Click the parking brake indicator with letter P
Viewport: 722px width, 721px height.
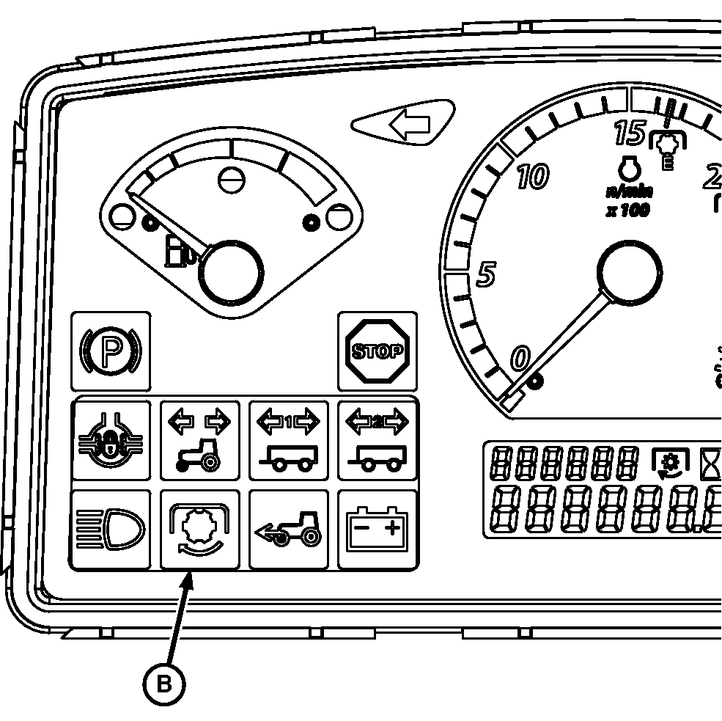point(111,351)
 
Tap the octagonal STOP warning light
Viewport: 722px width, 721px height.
point(377,351)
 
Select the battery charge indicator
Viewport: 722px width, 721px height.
point(377,529)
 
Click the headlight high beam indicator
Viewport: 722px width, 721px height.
point(111,529)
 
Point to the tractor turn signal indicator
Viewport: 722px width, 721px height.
point(199,439)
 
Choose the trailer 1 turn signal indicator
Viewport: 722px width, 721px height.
point(289,439)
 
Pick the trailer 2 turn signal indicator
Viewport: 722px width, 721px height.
point(377,439)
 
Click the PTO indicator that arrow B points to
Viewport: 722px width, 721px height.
point(199,529)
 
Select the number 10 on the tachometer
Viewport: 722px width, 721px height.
point(531,177)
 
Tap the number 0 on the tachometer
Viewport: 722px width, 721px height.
point(519,359)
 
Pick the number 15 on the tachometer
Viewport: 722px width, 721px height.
point(629,133)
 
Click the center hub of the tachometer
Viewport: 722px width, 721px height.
point(628,273)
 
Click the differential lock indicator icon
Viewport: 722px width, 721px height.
point(111,439)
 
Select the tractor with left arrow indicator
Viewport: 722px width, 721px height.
point(289,529)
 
